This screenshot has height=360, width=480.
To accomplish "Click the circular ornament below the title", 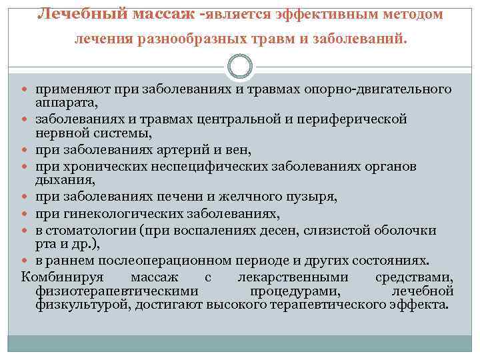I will (239, 66).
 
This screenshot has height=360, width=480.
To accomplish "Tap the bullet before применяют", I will (27, 90).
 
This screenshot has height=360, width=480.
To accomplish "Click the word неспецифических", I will (204, 165).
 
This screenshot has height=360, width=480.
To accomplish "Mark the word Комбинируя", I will (57, 277).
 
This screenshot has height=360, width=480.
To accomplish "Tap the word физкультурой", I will (77, 305).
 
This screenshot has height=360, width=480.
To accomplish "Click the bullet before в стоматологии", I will (27, 231).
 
